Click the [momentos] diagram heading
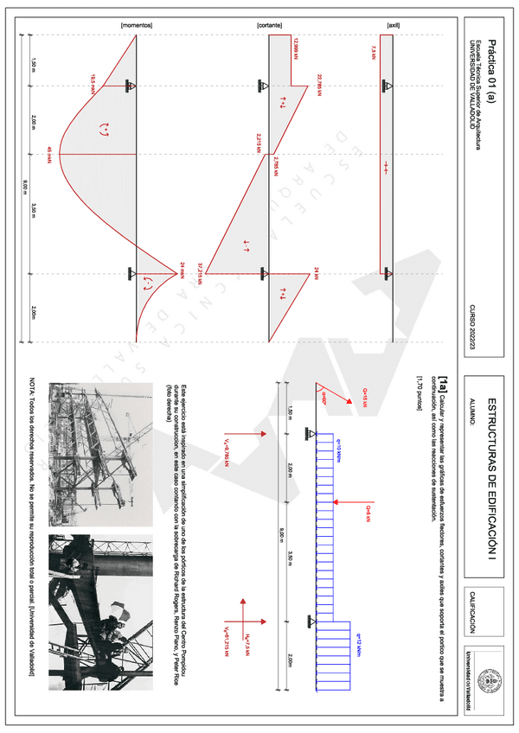point(138,26)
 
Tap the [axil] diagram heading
point(394,26)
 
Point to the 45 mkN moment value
point(49,152)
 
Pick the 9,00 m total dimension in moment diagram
point(25,182)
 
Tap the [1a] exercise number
point(444,381)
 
